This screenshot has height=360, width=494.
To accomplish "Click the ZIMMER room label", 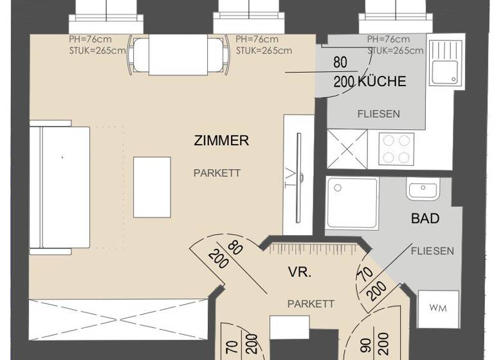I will pos(221,141).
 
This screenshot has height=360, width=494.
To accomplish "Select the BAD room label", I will pos(425,219).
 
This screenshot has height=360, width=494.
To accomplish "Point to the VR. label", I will pos(300,273).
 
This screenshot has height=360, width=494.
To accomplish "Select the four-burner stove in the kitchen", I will pos(394,149).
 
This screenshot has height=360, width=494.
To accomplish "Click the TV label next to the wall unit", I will pos(290,179).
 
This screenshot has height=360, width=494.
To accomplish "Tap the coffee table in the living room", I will pos(152,186).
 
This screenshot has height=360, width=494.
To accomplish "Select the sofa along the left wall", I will pos(60,186).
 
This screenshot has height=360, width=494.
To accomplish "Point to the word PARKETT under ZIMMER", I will pos(217,173).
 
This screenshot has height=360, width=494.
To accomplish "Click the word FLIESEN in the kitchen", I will pos(378,114).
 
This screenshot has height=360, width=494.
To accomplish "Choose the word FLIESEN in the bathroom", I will pos(432,251).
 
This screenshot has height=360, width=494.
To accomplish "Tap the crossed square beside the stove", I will pos(347,148).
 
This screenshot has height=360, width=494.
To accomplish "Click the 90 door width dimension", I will pos(365,346).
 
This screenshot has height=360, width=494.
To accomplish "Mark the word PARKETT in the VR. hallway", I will pos(311,303).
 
